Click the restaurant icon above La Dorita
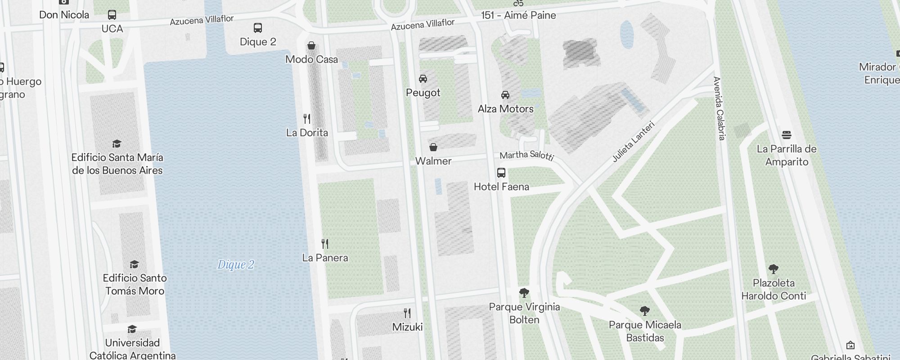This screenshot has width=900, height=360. point(307,119)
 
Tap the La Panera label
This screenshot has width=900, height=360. point(325,258)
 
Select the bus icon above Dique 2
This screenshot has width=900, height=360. point(258,28)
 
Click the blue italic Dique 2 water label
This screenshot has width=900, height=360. point(236,265)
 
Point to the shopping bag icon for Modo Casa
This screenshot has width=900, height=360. point(311,45)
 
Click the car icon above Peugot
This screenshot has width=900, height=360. point(423,79)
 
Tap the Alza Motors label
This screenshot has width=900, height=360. point(505,109)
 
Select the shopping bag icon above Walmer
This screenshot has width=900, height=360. point(433,147)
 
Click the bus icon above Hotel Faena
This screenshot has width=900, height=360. point(501,173)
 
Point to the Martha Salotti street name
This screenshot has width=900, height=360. point(526,156)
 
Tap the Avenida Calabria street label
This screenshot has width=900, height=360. point(719,108)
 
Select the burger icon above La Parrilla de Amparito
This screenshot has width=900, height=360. point(787,135)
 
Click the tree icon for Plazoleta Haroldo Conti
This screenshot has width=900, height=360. point(774,269)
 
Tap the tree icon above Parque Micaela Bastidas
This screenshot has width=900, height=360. point(645,310)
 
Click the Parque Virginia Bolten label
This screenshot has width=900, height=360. point(524,313)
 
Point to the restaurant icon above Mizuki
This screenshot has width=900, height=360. point(407,313)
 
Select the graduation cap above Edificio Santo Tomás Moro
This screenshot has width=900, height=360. point(134,264)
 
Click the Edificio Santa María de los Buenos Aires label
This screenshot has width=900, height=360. point(117,164)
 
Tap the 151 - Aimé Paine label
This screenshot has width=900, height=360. point(518,15)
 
